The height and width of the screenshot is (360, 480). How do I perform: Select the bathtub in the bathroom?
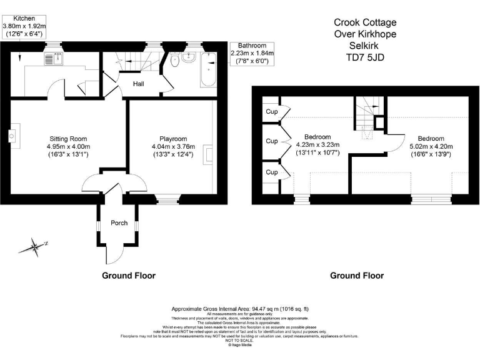(x=209, y=70)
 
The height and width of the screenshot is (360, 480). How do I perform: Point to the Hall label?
(x=139, y=83)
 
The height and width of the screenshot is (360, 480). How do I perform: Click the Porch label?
(x=119, y=223)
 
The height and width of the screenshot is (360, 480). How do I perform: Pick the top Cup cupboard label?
(x=271, y=112)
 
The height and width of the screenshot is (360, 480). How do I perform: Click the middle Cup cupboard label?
(x=271, y=141)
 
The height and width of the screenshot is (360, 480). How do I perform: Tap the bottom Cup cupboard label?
(x=271, y=172)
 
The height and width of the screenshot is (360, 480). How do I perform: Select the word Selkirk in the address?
(x=365, y=45)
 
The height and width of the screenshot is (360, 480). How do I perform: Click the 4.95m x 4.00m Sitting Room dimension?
(x=68, y=147)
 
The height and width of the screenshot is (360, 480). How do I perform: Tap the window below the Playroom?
(x=166, y=199)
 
